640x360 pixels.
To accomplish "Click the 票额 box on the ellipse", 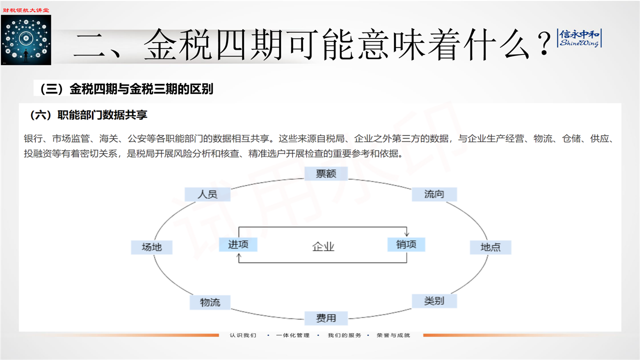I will (325, 173).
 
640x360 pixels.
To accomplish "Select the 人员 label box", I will (207, 194).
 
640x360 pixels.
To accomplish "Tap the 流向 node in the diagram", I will (434, 194).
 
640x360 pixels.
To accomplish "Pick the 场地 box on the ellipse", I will (151, 247).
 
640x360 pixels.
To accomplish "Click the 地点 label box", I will (490, 247).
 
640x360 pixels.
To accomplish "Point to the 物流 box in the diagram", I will (210, 302).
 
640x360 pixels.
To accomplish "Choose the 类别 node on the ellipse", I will (434, 300).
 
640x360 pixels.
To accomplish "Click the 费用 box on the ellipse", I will (326, 318).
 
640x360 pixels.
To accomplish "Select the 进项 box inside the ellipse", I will (238, 244).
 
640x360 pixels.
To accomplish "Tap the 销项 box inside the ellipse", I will (406, 244).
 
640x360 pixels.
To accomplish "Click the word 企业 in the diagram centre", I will (323, 246).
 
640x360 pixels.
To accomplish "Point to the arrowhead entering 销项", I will (407, 234).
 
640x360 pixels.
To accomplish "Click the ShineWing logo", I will (580, 38).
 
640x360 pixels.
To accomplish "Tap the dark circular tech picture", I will (26, 40).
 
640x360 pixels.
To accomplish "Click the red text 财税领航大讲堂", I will (26, 10).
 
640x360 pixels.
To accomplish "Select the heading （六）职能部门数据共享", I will (89, 115).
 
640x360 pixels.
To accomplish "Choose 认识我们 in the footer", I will (243, 335).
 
